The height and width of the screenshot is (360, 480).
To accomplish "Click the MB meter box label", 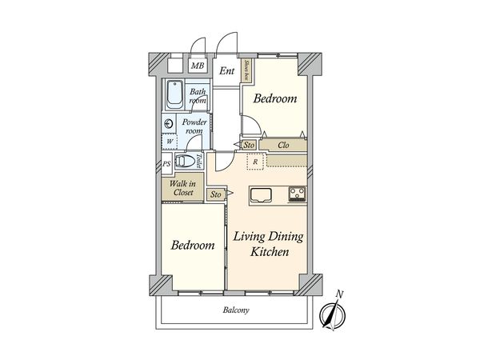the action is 198,66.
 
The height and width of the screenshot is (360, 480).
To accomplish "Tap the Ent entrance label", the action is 227,71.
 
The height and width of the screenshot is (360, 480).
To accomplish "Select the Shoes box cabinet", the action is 246,70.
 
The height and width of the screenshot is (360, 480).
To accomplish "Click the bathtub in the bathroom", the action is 175,94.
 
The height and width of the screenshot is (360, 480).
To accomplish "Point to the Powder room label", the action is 194,126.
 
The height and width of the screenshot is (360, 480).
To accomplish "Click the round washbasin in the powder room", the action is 168,124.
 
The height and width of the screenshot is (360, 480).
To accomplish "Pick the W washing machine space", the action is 170,142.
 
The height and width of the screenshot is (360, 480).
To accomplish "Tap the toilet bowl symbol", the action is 185,161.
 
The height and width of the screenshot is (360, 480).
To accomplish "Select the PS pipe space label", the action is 166,164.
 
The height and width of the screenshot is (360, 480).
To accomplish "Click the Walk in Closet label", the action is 182,188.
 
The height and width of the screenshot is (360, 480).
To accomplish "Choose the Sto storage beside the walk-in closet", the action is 216,194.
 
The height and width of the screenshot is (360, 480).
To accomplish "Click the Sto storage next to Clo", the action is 249,145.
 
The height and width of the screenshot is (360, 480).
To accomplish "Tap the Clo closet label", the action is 283,145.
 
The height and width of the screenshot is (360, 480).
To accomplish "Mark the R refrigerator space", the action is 255,162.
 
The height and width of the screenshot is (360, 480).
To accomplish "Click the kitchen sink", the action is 261,195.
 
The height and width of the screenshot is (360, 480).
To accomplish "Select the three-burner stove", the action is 297,194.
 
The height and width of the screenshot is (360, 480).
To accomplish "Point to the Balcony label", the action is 236,310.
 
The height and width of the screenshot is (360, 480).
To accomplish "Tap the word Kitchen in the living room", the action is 270,252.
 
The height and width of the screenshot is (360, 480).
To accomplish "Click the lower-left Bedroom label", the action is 193,246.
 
